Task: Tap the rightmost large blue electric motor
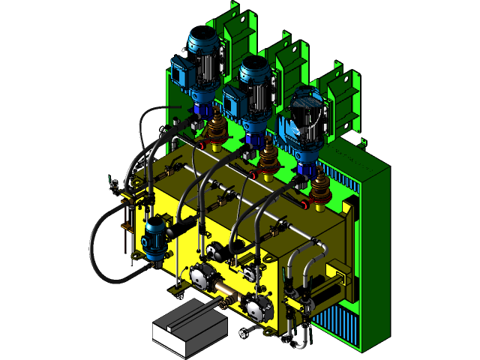[x=306, y=120]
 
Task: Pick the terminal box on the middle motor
[x=234, y=95]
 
